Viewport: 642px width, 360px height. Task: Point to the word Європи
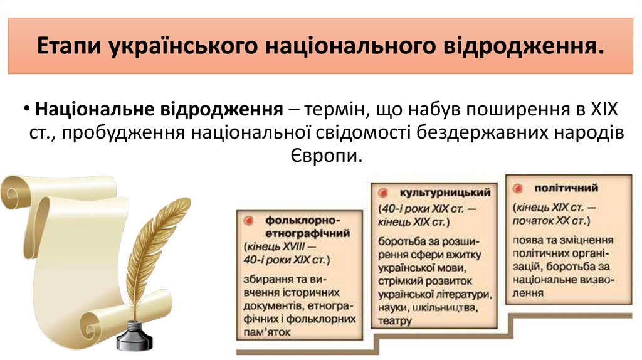coord(326,154)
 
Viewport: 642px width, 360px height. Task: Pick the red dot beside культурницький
coord(383,192)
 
